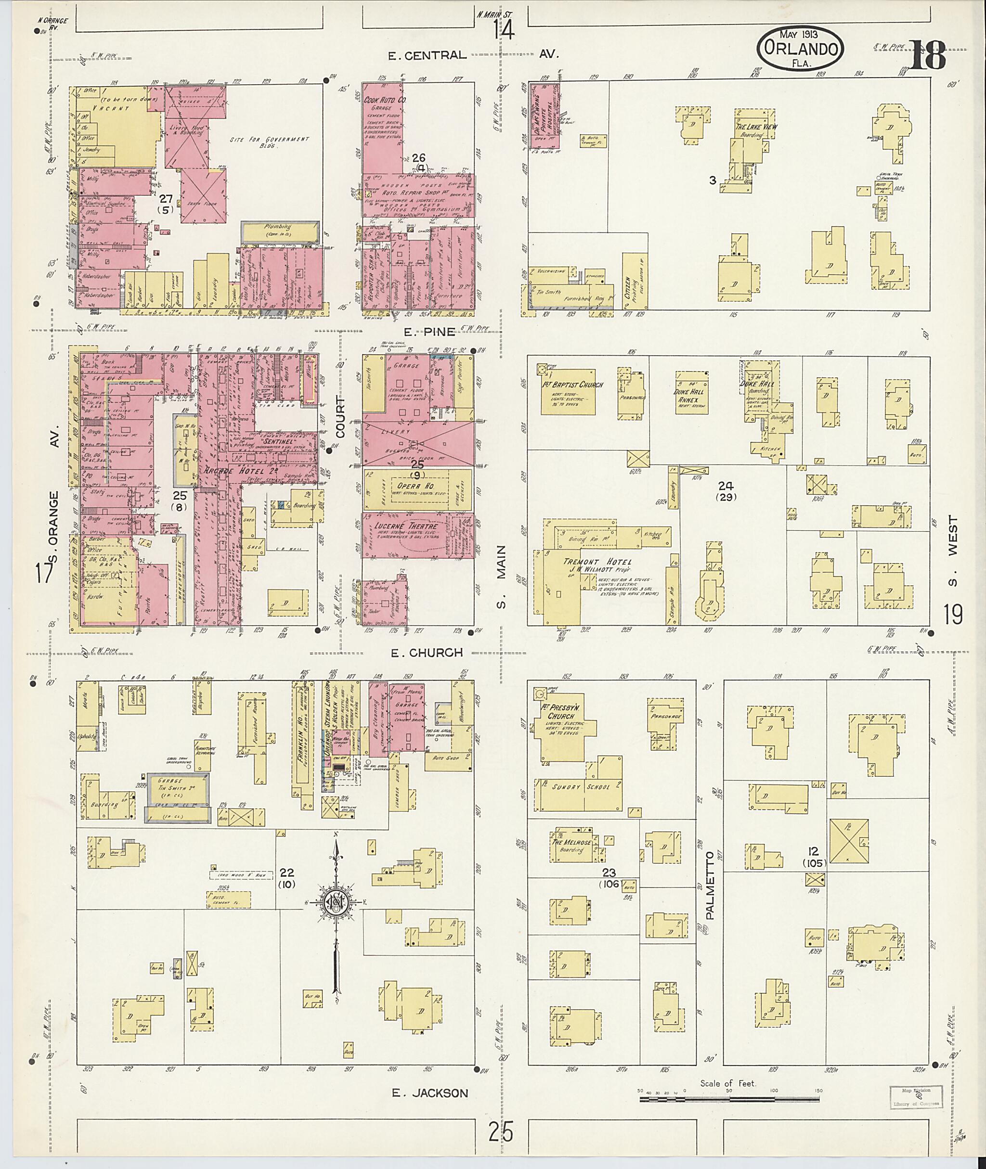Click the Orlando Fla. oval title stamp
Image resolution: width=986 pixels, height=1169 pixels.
click(x=801, y=49)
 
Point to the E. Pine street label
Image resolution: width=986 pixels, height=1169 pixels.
click(x=421, y=332)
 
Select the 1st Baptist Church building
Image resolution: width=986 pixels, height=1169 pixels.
click(x=567, y=391)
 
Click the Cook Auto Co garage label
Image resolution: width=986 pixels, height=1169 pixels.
click(x=385, y=101)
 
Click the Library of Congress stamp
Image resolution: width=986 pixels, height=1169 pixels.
click(x=915, y=1096)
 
